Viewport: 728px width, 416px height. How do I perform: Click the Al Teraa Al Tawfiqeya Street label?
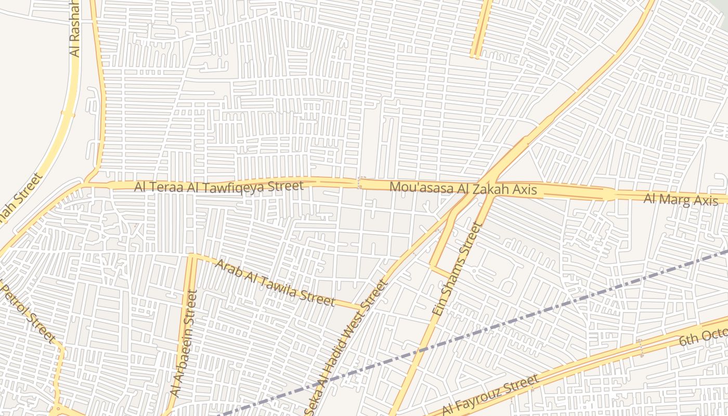tap(218, 186)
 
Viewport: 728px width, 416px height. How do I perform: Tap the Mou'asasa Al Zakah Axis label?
tap(463, 188)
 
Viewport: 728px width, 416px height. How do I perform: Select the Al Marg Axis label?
tap(681, 199)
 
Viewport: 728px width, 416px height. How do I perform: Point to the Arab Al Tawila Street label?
tap(275, 283)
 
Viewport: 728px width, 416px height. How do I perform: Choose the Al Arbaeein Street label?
tap(185, 344)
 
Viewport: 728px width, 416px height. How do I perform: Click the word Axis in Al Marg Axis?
tap(705, 201)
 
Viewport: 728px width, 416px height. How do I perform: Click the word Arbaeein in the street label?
tap(184, 353)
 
